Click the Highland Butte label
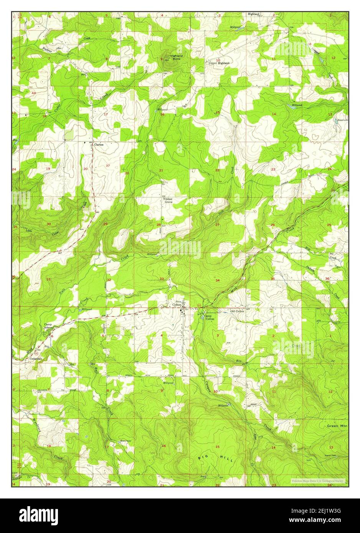(x=177, y=58)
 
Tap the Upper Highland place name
(x=219, y=63)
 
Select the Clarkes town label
(x=99, y=145)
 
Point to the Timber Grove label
(x=168, y=200)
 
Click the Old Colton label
(x=237, y=311)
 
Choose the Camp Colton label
(x=210, y=317)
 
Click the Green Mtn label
(x=337, y=426)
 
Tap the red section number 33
(x=162, y=279)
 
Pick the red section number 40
(x=34, y=93)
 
